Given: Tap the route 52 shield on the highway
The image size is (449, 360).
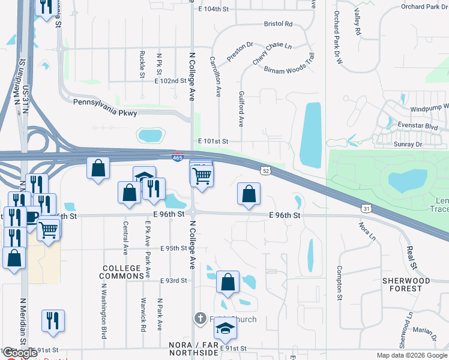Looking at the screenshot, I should tap(265, 171).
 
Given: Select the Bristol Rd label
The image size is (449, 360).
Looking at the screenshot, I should tap(278, 24).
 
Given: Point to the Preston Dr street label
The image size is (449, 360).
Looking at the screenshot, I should tap(241, 51).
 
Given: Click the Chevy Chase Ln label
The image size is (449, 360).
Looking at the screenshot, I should tap(271, 53).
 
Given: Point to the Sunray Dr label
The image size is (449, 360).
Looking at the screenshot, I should tap(411, 145).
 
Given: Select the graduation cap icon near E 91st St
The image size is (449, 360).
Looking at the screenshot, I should tap(226, 328).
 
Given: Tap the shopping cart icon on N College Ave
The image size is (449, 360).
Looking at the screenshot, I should tap(202, 175).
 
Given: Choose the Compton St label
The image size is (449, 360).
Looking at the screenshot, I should tap(339, 284).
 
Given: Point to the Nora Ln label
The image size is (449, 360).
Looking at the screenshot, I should tap(366, 231).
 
